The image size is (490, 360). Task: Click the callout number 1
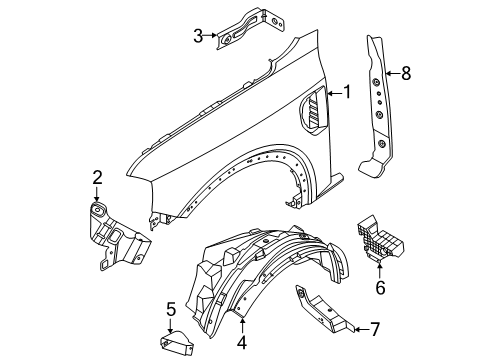(x=348, y=93)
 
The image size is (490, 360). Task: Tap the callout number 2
(x=97, y=178)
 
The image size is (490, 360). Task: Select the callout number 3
(x=198, y=37)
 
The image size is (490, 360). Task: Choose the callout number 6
(x=379, y=287)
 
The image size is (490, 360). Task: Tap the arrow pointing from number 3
(x=212, y=37)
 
